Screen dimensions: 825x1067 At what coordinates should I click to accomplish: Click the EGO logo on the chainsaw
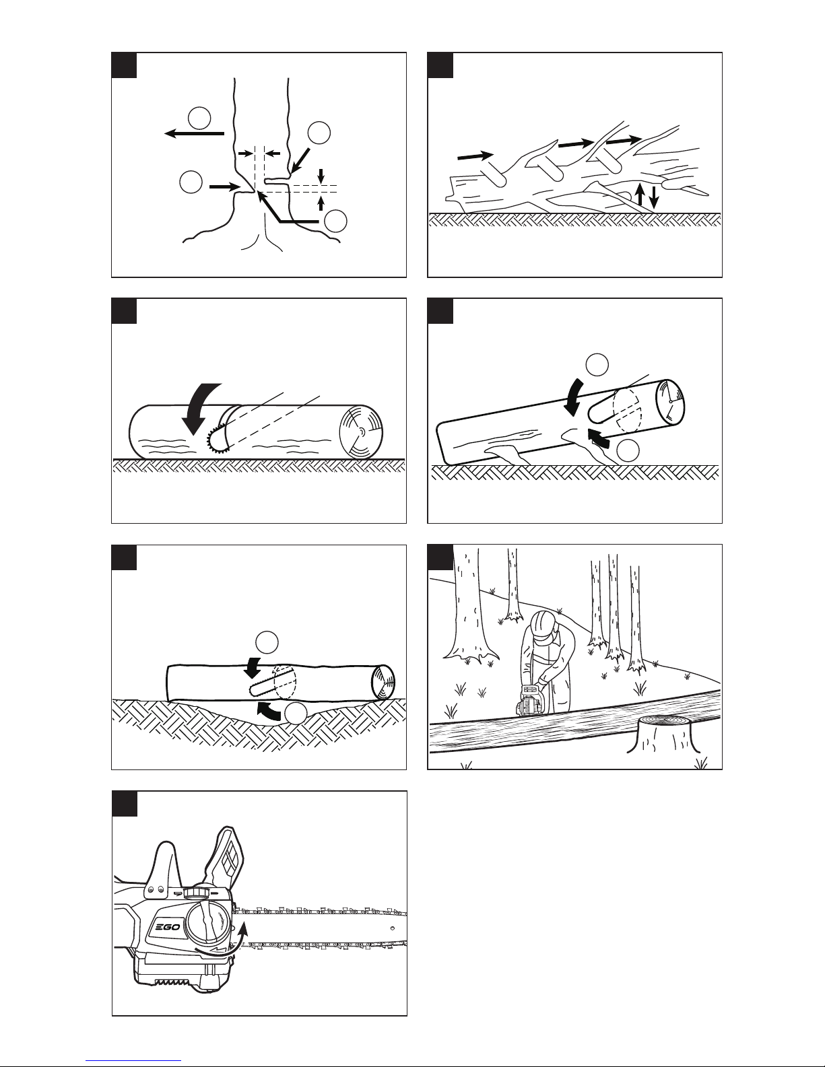click(168, 927)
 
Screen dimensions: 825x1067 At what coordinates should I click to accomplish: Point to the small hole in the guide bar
click(393, 928)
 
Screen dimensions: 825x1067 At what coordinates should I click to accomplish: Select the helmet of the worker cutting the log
click(546, 626)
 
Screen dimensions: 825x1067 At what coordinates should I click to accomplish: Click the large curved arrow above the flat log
click(199, 407)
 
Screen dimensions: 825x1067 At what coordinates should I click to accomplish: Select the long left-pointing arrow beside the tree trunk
click(194, 133)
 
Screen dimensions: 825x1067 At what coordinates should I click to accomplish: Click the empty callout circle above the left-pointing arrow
click(199, 118)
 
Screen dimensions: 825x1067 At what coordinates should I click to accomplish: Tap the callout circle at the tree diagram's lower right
click(336, 221)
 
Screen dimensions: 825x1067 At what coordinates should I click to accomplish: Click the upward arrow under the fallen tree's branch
click(640, 195)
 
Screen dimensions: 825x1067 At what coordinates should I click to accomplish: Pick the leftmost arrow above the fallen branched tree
click(475, 156)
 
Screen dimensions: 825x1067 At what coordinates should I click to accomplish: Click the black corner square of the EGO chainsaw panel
click(125, 804)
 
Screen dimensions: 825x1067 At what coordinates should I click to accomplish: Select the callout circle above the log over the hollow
click(267, 643)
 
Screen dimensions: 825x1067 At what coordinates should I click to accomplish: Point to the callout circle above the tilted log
click(597, 365)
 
